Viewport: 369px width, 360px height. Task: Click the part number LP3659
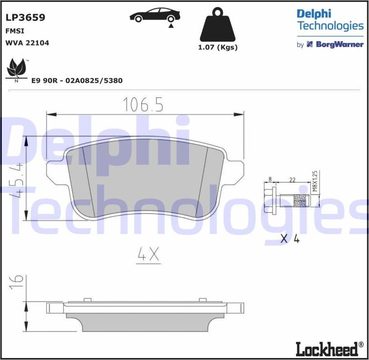click(25, 18)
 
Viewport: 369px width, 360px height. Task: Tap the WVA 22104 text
click(27, 43)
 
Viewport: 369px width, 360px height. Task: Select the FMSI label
click(16, 31)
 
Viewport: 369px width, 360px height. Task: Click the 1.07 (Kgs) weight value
click(218, 47)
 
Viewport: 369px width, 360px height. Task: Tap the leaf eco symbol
click(17, 69)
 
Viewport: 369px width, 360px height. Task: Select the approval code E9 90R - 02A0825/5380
click(77, 81)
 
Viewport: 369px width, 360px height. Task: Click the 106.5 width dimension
click(142, 104)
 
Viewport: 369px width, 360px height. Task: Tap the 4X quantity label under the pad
click(147, 254)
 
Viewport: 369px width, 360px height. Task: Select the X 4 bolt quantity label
click(290, 239)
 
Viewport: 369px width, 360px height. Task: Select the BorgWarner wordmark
click(338, 45)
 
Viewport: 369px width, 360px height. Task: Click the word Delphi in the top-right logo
click(314, 14)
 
